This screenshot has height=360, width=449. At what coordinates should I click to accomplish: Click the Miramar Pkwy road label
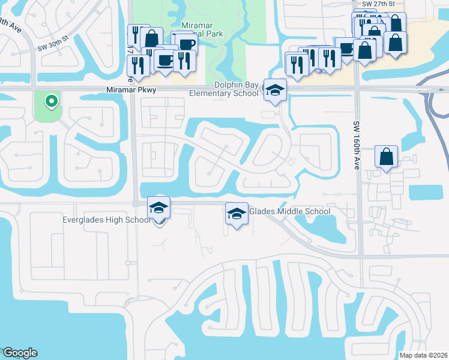[x=131, y=90]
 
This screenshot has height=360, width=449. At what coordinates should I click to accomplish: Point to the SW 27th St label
[x=379, y=4]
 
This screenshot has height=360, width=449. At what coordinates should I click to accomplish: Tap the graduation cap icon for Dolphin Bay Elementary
[x=275, y=91]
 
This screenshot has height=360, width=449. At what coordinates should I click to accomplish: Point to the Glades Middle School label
[x=289, y=211]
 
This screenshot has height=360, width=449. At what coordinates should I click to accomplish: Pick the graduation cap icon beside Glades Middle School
[x=237, y=214]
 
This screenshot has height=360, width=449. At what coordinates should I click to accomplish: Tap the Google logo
[x=20, y=353]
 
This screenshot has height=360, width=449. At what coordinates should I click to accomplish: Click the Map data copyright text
[x=424, y=355]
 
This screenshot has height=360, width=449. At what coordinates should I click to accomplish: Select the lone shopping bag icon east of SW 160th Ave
[x=387, y=157]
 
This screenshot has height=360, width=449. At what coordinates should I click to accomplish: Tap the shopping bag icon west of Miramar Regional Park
[x=151, y=38]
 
